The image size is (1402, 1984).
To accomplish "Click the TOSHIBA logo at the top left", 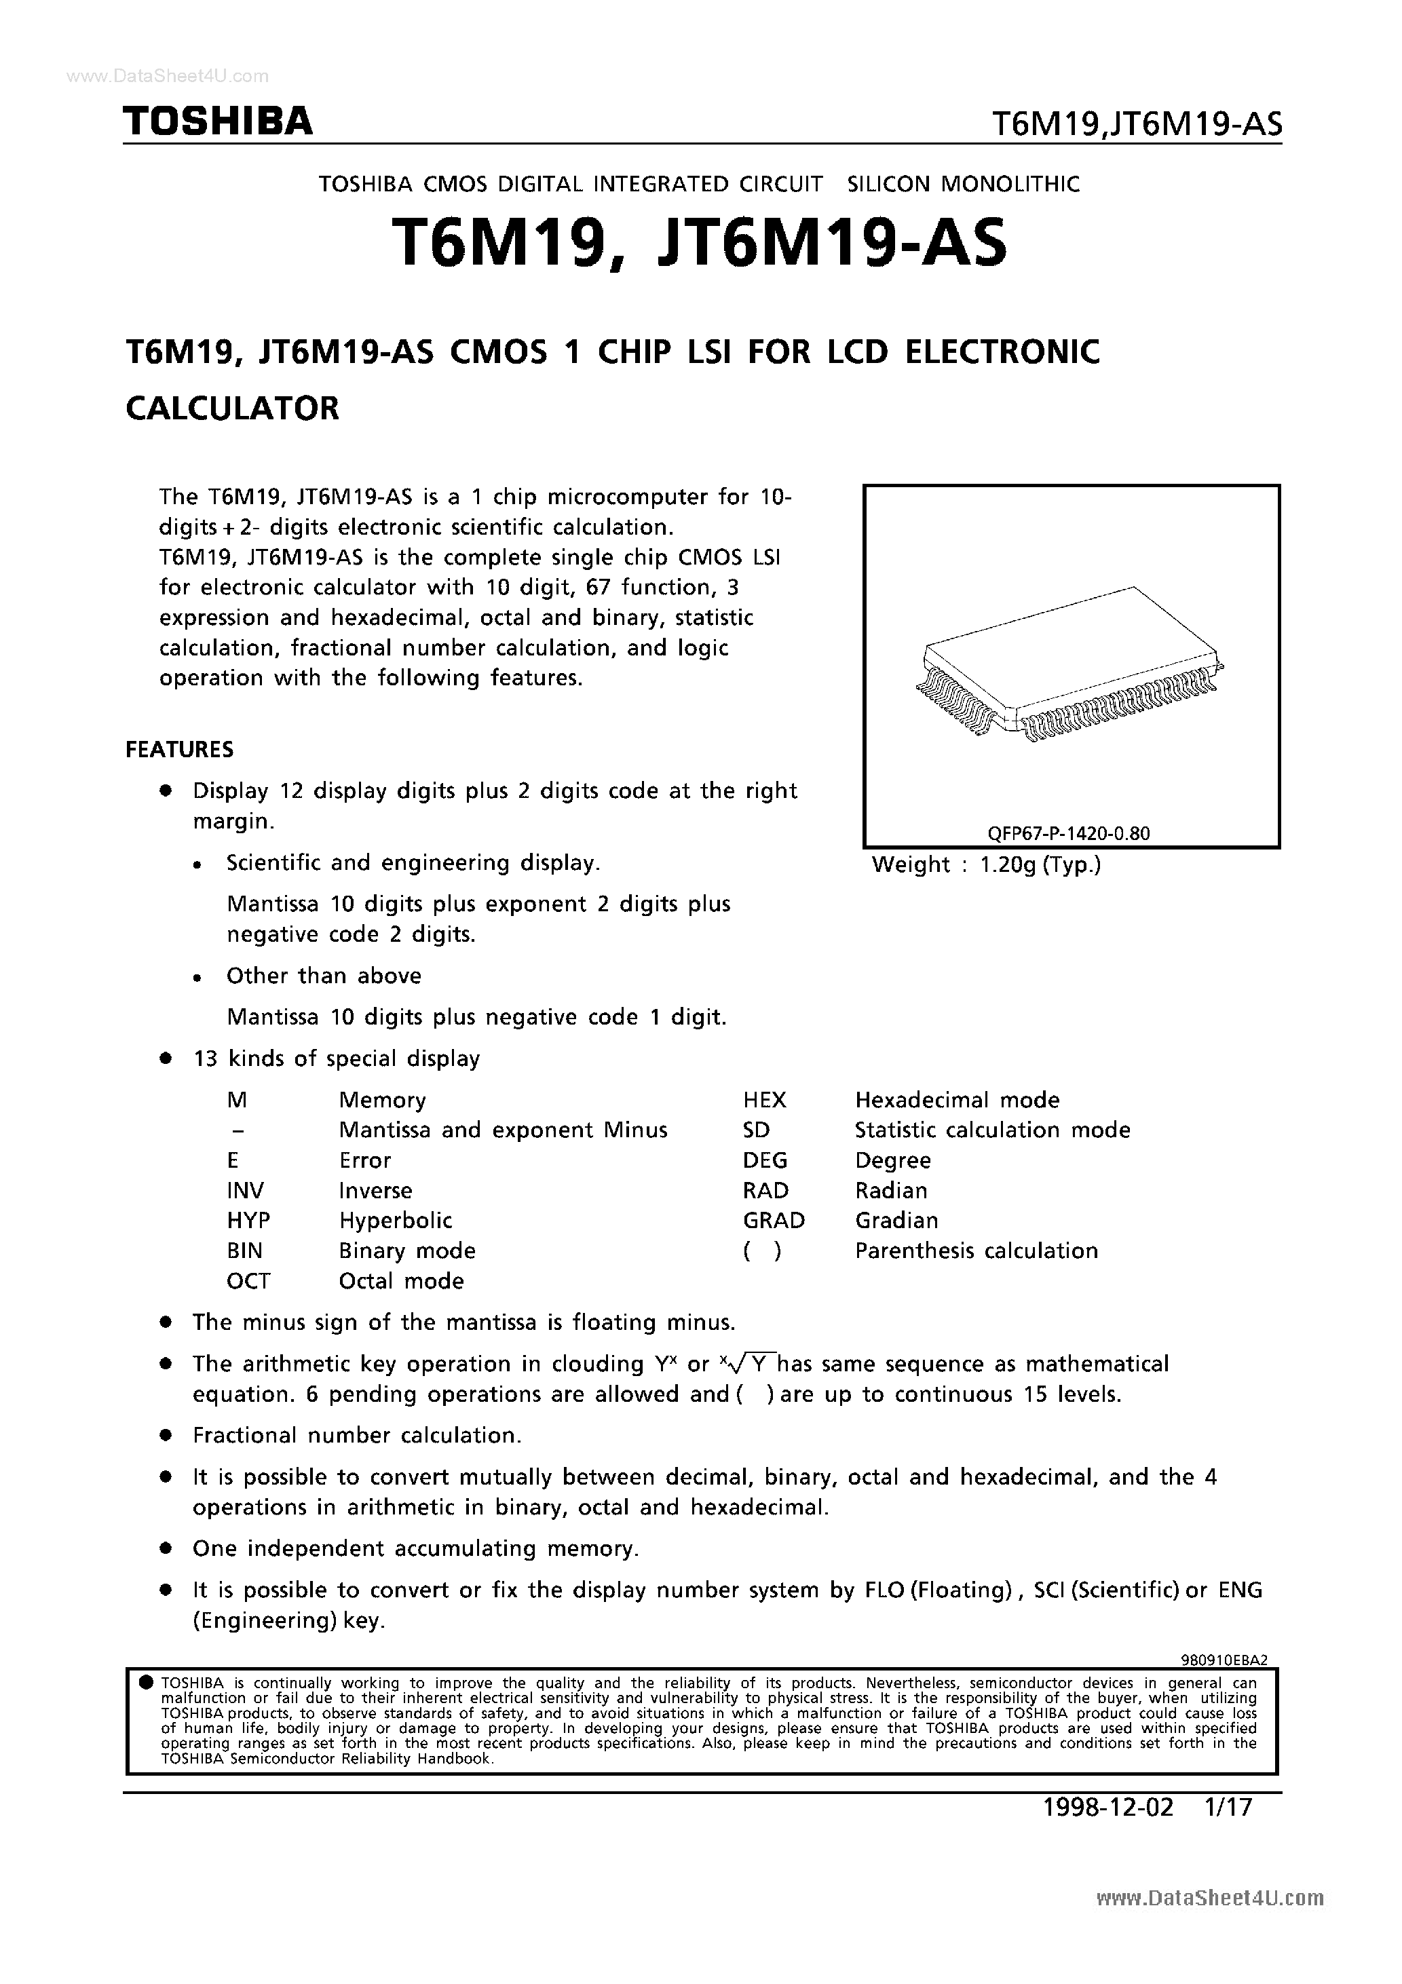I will point(218,122).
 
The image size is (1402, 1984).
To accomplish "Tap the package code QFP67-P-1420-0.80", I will point(1068,833).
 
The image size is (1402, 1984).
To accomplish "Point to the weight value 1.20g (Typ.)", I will point(1040,864).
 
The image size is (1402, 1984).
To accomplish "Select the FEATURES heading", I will point(180,749).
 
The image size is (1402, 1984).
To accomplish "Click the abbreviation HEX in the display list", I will point(764,1100).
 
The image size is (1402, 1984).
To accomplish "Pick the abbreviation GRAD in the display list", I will point(773,1220).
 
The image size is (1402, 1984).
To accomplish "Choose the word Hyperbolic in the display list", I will point(395,1220).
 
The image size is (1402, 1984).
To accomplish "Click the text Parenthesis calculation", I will point(976,1251).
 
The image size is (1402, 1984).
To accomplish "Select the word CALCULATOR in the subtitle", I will point(233,408).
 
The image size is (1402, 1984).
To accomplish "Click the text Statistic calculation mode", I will point(992,1130).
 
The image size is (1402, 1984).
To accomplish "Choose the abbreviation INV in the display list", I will point(246,1191).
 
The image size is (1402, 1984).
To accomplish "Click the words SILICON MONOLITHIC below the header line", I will point(964,184).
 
